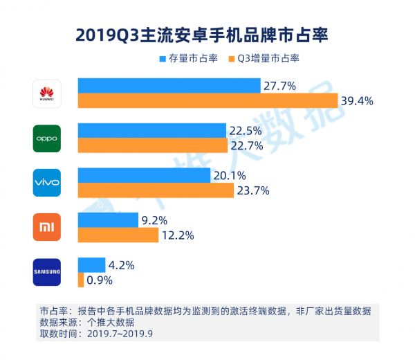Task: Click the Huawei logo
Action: (x=47, y=93)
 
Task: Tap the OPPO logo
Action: (x=47, y=138)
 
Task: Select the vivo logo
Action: (x=47, y=182)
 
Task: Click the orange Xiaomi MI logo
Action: (x=47, y=227)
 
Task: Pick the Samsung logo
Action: (x=47, y=271)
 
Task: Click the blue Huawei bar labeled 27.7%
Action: (x=169, y=86)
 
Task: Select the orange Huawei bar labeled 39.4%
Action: (x=207, y=101)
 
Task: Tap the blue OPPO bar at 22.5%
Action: (x=151, y=130)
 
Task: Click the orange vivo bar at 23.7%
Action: (x=156, y=190)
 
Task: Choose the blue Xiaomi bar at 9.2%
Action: (x=108, y=220)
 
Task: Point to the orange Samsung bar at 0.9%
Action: (x=81, y=280)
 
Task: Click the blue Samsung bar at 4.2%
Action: (x=91, y=264)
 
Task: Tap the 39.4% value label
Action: (x=357, y=101)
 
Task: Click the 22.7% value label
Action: (x=248, y=145)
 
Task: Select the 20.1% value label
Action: (x=230, y=175)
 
